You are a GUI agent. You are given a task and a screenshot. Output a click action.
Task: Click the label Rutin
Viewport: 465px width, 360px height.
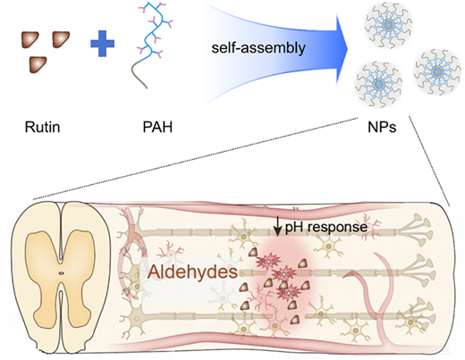coord(42,127)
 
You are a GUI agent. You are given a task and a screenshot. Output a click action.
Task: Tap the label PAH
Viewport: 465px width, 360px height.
coord(157,127)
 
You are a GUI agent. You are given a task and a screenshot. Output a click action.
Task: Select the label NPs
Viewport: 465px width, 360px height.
coord(382,127)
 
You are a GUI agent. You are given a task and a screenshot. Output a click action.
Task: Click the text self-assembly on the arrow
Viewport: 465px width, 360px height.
coord(258,47)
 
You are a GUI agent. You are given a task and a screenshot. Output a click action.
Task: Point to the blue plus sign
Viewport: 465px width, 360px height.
coord(102,44)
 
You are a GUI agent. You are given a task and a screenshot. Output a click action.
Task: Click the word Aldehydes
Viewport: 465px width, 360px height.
coord(193,272)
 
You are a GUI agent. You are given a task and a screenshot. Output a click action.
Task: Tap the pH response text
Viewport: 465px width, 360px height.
coord(326,227)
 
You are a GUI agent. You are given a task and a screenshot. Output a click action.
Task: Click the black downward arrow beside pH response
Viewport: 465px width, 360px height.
coord(278,227)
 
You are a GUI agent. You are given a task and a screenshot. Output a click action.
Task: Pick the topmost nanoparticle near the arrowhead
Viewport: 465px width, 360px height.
coord(388,25)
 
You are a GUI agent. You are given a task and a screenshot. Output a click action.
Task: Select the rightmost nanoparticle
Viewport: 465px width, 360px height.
coord(437,71)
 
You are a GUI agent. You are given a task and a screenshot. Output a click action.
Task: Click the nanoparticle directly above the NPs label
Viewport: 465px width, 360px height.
coord(378,84)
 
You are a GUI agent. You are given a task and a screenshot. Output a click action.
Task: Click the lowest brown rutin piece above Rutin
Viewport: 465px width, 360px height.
coord(38,64)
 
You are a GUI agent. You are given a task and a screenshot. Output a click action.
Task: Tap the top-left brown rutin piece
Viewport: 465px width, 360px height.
coord(30,40)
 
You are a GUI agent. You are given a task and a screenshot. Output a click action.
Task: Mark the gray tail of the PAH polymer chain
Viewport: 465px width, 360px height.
coord(137,74)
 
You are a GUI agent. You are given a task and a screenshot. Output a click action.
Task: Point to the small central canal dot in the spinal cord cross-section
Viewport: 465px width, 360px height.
coord(61,272)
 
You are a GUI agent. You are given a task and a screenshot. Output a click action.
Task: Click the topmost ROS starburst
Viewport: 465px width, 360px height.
coord(268,261)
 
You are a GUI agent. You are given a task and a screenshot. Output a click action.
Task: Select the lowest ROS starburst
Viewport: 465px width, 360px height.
coord(288,293)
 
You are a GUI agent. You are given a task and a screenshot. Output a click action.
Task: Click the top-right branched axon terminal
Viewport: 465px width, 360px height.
coord(416,228)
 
